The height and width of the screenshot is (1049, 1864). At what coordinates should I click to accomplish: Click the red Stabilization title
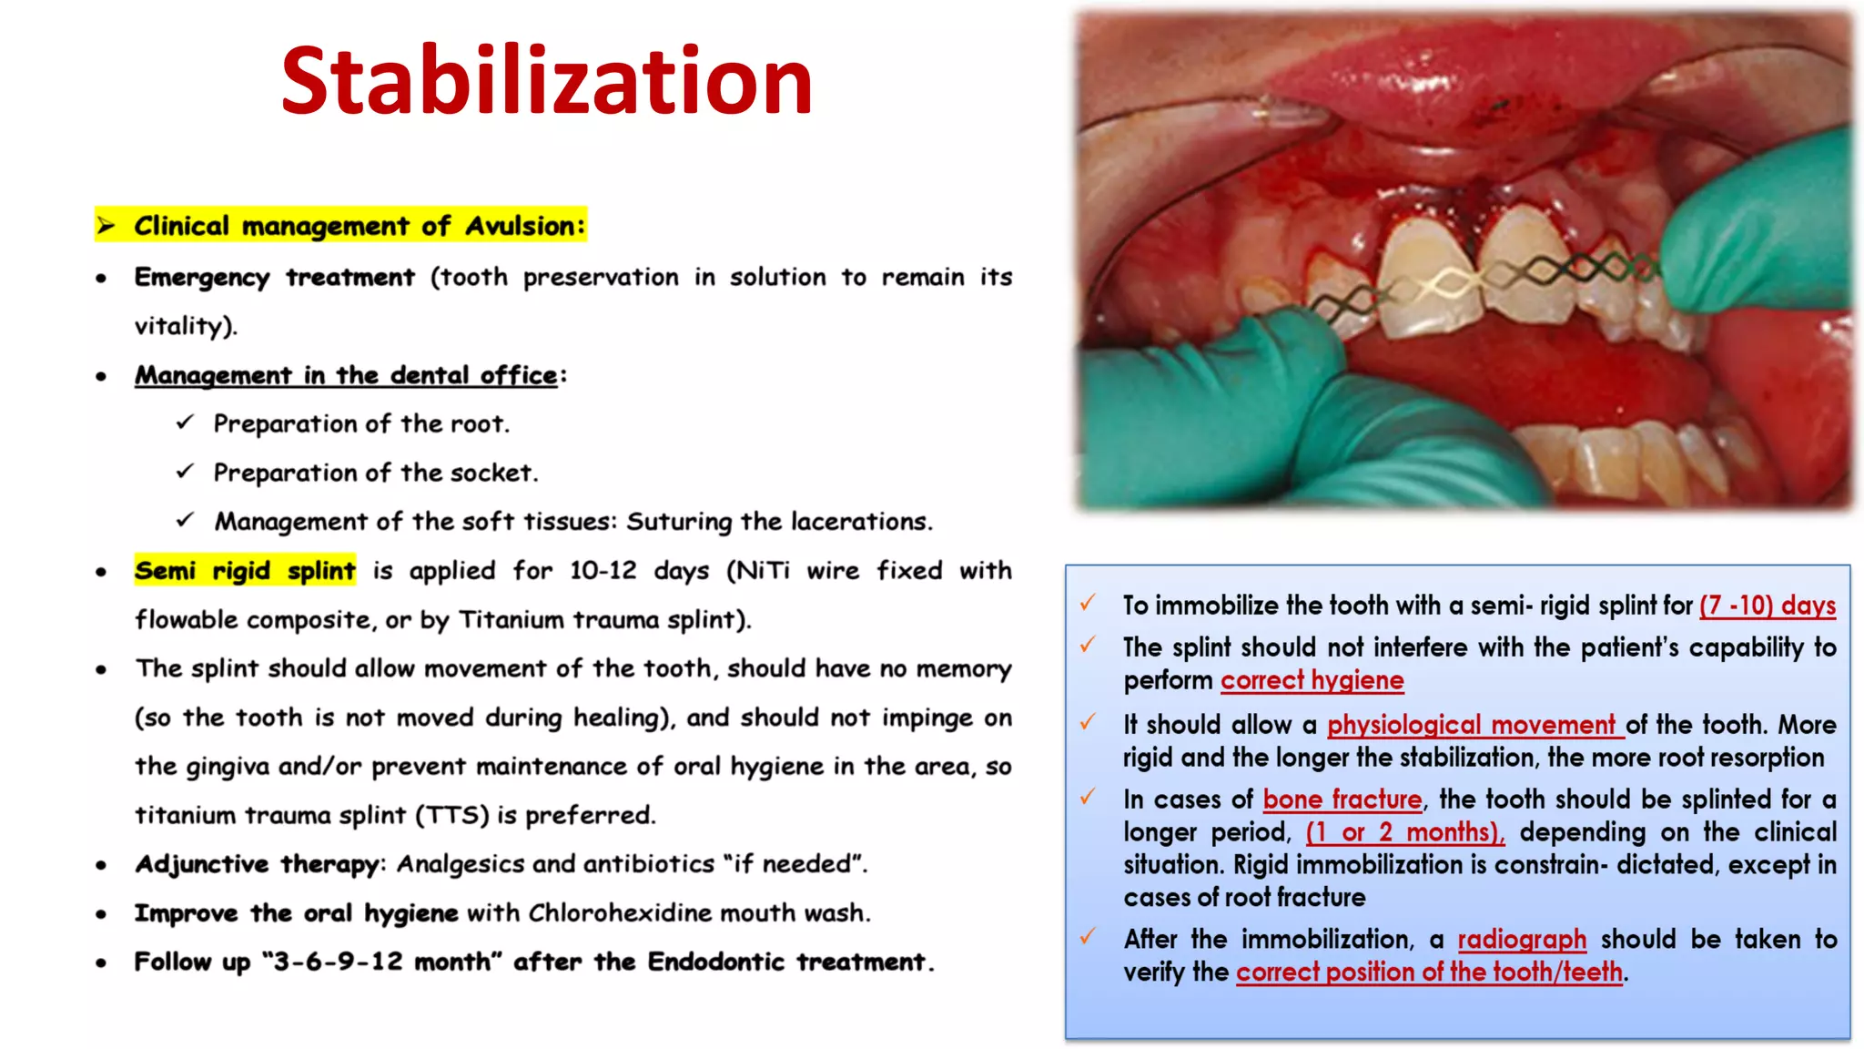[x=546, y=82]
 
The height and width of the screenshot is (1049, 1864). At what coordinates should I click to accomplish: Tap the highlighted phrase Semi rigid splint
[x=245, y=571]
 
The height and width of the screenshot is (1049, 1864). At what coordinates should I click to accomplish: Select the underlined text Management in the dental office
[x=346, y=375]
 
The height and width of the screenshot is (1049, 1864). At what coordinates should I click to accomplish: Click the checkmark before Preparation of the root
[x=186, y=423]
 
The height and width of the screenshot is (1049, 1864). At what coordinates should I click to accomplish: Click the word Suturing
[x=679, y=522]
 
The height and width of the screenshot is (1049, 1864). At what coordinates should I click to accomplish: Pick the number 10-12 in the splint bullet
[x=603, y=571]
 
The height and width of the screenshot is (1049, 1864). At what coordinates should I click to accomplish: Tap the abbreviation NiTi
[x=763, y=571]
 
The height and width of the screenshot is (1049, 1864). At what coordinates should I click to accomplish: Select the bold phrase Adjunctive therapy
[x=257, y=864]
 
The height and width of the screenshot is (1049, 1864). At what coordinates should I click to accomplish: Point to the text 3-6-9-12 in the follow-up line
[x=338, y=962]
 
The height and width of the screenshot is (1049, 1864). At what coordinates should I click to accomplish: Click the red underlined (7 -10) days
[x=1768, y=606]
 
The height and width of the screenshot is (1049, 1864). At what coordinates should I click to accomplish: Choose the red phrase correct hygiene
[x=1312, y=680]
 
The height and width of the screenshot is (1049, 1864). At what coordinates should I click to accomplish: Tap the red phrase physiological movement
[x=1474, y=725]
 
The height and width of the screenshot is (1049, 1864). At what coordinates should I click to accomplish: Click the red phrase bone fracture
[x=1342, y=799]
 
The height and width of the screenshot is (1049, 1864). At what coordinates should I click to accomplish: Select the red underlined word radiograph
[x=1522, y=940]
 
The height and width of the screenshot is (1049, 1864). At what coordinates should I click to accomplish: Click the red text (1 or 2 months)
[x=1404, y=832]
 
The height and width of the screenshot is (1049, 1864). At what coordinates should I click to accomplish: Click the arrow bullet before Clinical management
[x=107, y=226]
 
